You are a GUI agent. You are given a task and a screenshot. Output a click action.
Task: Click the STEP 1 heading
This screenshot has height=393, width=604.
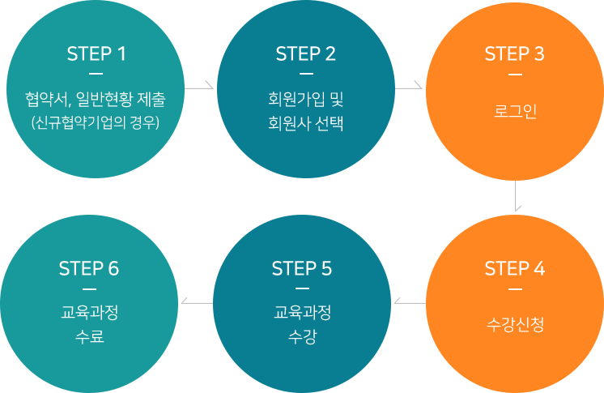coord(96,54)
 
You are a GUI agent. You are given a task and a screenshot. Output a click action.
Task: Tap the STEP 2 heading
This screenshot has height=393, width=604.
coord(305,54)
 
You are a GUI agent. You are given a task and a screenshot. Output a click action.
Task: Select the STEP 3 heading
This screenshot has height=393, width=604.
coord(514,54)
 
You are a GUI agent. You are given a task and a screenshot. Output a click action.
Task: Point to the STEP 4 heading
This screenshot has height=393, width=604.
coord(514,269)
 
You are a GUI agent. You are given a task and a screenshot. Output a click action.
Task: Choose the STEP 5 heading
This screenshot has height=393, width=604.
coord(302,269)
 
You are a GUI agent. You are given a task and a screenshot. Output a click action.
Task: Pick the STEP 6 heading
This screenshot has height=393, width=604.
coord(89,269)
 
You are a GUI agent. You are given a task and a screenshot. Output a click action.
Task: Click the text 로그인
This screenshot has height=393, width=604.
coord(514,111)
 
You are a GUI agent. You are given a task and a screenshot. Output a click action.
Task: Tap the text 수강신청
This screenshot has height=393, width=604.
coord(514,325)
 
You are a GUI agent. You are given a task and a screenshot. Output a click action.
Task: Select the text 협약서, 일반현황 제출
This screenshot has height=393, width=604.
coord(96,100)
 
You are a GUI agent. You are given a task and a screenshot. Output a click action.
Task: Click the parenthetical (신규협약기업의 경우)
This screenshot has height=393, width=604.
coord(96,123)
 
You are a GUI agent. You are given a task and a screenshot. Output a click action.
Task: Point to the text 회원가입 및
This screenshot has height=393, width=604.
coord(305,100)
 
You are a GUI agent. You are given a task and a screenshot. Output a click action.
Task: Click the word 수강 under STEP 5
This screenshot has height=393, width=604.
coord(302,335)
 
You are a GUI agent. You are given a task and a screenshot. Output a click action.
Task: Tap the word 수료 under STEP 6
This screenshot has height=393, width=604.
coord(89,335)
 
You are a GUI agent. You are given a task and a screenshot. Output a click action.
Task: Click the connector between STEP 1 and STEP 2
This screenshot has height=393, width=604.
coord(200,84)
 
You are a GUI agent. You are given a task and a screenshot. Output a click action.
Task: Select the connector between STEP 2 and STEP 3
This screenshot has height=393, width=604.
coord(410,84)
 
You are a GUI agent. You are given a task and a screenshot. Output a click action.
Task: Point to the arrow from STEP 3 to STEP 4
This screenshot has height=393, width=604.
coord(517,197)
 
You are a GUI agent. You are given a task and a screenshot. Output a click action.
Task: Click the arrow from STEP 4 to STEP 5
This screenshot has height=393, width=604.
coord(407,301)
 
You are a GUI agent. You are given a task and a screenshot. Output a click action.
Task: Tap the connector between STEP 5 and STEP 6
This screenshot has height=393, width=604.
coord(195,301)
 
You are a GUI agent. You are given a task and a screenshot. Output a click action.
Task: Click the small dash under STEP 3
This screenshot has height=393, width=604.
coord(514,75)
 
